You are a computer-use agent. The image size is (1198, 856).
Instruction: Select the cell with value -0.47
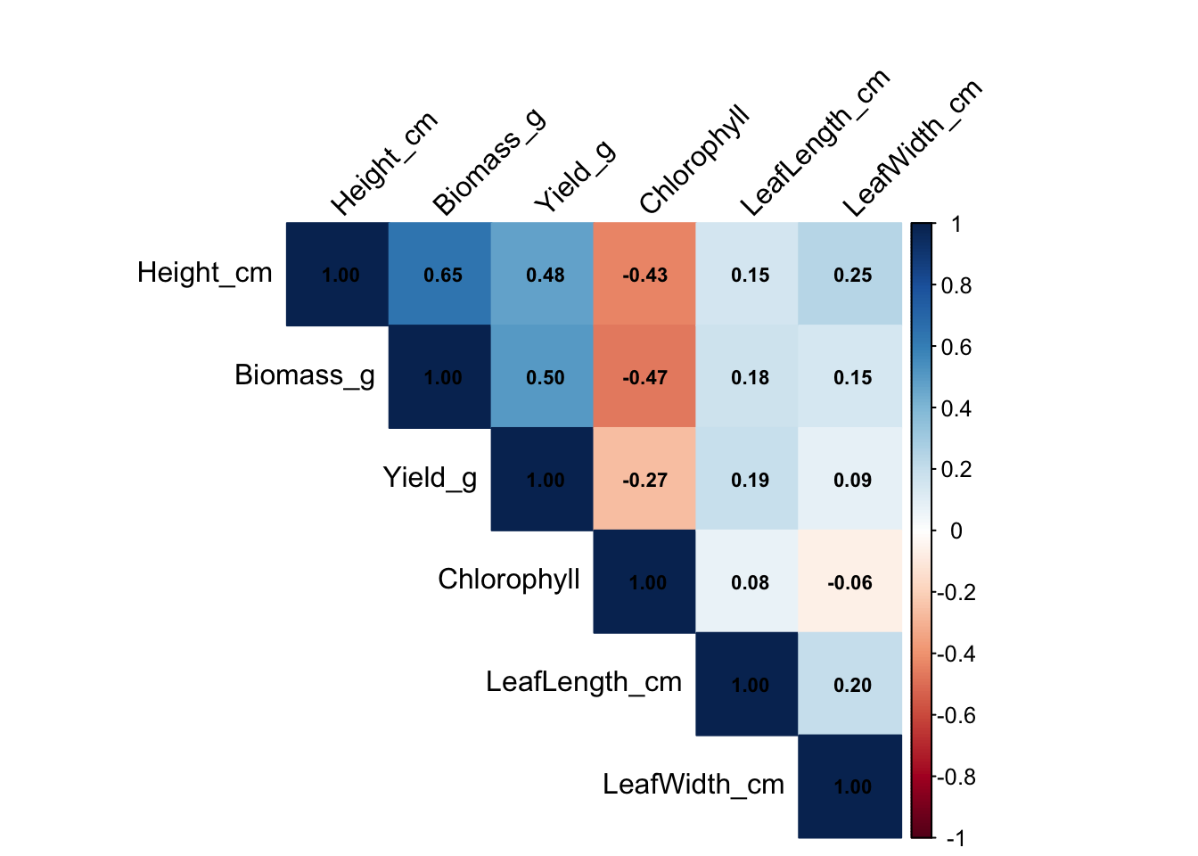(644, 376)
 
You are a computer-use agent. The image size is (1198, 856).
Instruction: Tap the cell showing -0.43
(644, 274)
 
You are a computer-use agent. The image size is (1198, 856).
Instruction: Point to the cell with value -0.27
(644, 479)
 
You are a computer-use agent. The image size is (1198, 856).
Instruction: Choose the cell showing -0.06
(849, 581)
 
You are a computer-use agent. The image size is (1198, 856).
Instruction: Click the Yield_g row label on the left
(430, 478)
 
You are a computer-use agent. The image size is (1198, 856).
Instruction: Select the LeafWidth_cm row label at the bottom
(693, 785)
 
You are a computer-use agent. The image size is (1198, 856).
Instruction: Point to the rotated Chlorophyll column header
(694, 160)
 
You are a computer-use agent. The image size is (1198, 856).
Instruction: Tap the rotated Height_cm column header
(384, 164)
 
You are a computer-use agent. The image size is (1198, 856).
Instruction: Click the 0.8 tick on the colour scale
(956, 286)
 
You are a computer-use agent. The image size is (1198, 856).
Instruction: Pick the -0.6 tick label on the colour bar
(954, 716)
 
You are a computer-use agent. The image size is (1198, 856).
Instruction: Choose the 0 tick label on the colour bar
(956, 531)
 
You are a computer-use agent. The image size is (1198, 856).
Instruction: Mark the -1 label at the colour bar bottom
(955, 838)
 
